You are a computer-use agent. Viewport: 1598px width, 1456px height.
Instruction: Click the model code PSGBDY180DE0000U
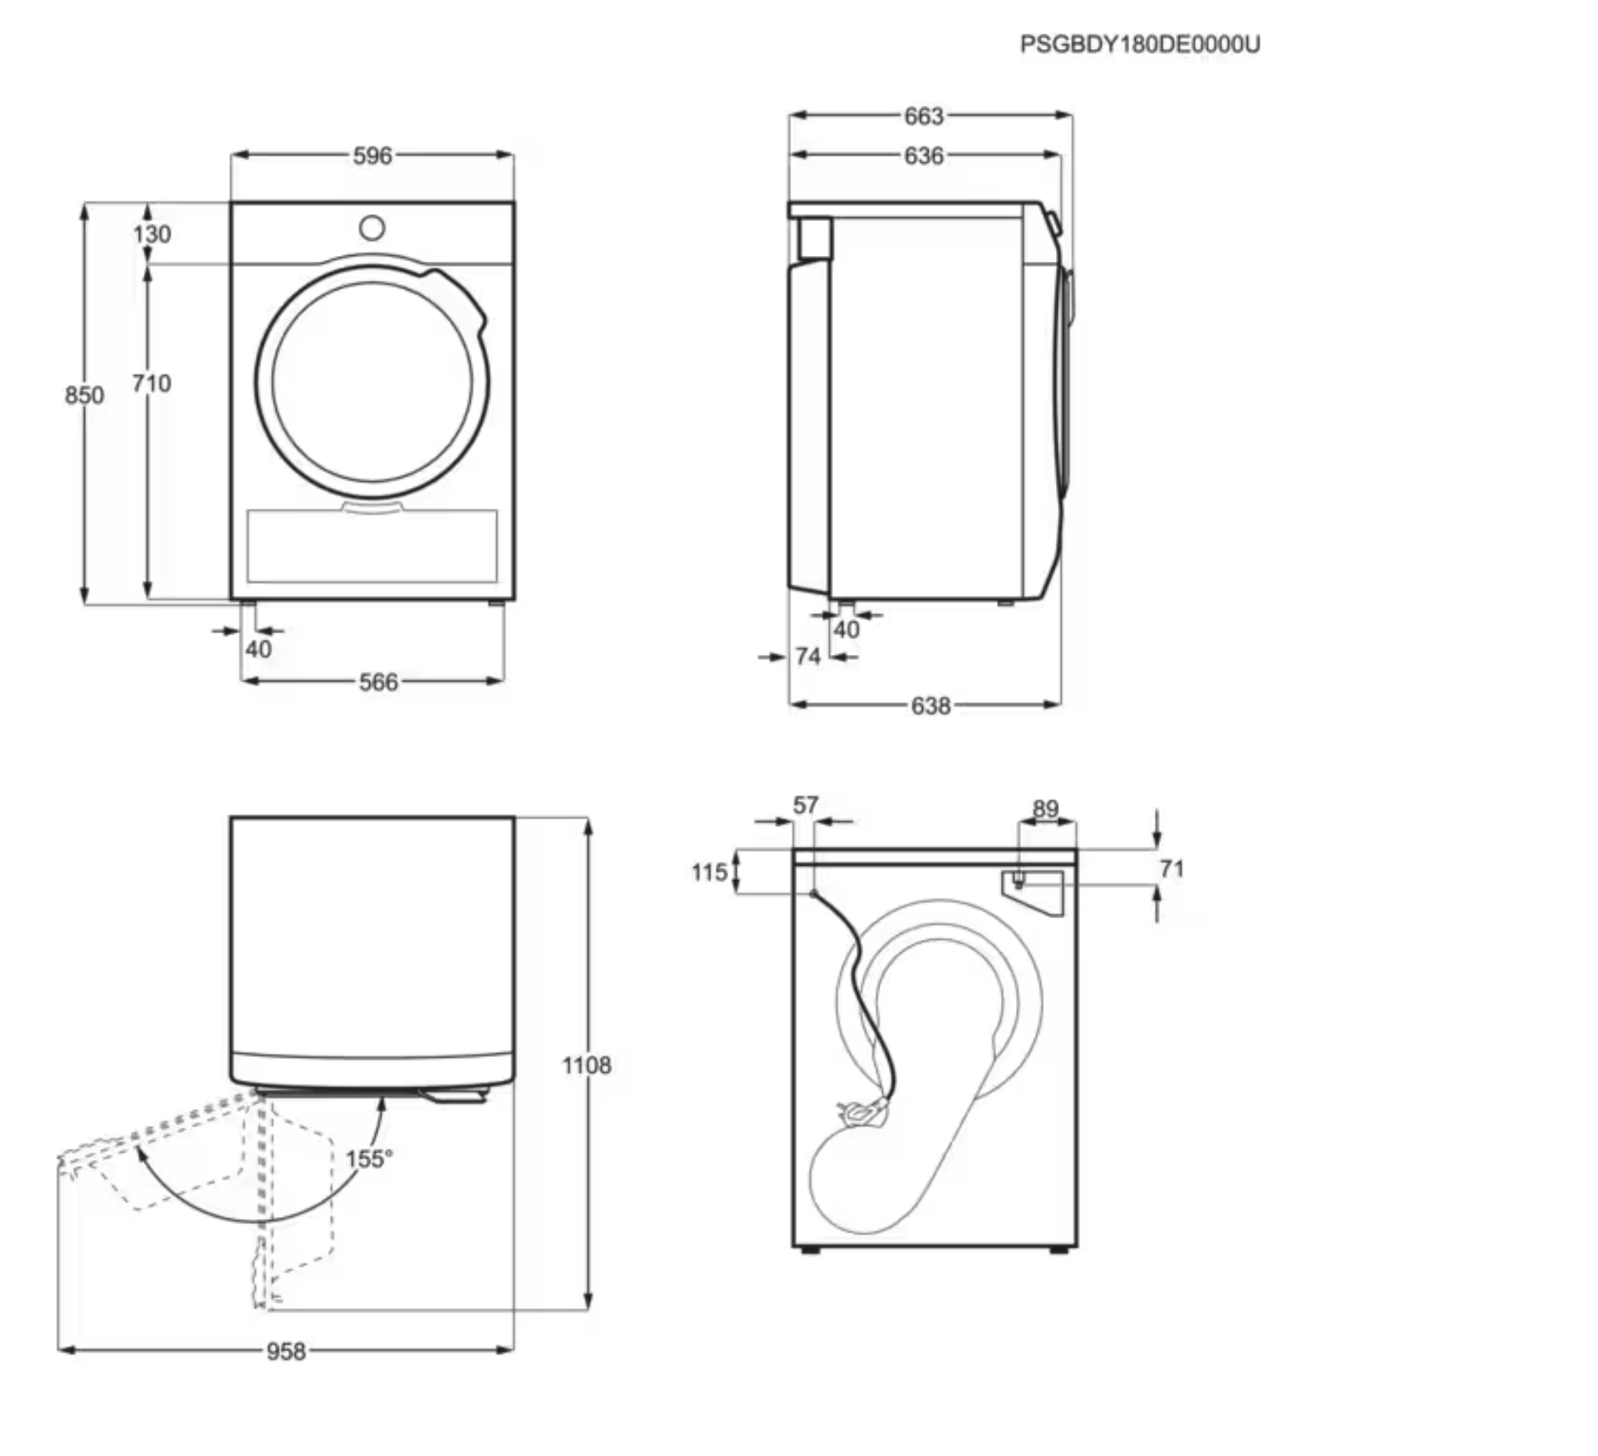[x=1139, y=44]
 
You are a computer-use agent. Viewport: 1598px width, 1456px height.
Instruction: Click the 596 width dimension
[x=372, y=155]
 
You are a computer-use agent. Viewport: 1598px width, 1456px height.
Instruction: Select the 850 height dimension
[x=84, y=395]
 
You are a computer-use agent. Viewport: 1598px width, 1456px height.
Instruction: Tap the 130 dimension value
[x=152, y=234]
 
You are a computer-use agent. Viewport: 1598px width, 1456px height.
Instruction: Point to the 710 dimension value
[x=151, y=383]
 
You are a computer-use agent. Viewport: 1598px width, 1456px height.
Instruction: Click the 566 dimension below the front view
[x=378, y=682]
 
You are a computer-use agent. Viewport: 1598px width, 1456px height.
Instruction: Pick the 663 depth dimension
[x=924, y=116]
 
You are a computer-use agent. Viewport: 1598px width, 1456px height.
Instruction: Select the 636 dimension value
[x=924, y=155]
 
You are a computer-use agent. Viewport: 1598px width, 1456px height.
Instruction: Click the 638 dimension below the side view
[x=930, y=706]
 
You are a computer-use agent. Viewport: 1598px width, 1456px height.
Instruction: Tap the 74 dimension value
[x=807, y=657]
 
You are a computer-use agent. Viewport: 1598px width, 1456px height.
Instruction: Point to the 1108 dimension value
[x=586, y=1065]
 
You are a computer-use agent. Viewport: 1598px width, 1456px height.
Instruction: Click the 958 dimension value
[x=286, y=1351]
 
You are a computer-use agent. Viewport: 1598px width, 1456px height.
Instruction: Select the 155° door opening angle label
[x=368, y=1158]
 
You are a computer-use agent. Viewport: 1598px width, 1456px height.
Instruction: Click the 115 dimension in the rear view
[x=709, y=872]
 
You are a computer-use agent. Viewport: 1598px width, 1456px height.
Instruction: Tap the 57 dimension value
[x=805, y=804]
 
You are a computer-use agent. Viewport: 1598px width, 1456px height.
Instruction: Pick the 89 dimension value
[x=1045, y=808]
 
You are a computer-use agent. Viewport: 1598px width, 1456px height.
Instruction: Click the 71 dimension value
[x=1171, y=868]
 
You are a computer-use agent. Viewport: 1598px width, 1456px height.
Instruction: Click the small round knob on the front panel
[x=372, y=228]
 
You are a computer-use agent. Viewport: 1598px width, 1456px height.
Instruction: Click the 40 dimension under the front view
[x=259, y=649]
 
